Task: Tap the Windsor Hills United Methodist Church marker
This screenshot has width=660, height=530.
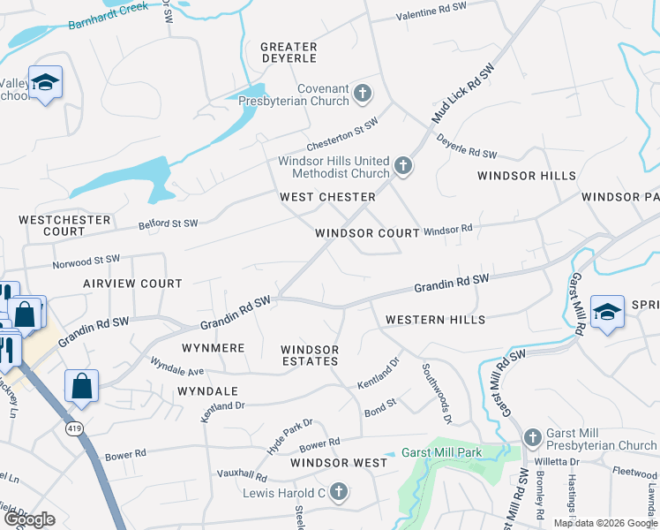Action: (x=402, y=165)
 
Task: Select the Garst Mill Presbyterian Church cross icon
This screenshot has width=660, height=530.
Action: (x=531, y=437)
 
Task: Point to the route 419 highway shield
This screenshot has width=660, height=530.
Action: (x=73, y=428)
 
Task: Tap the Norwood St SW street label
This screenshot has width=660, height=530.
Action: (x=86, y=261)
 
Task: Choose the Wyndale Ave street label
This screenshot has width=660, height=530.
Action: (x=176, y=366)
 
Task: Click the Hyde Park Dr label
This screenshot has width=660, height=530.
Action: (x=289, y=435)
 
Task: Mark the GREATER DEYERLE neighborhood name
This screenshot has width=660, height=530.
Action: (x=289, y=52)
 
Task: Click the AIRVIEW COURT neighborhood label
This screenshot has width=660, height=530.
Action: (x=132, y=284)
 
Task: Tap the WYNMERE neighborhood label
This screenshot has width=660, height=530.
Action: (x=213, y=348)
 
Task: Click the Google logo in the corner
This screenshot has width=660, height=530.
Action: (x=29, y=519)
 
